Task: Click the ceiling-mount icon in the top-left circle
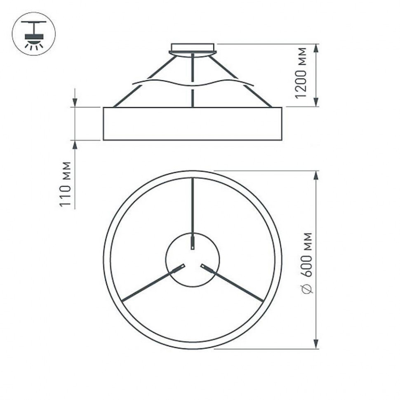pyautogui.click(x=34, y=34)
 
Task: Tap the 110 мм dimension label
pyautogui.click(x=66, y=184)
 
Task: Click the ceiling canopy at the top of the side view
pyautogui.click(x=193, y=48)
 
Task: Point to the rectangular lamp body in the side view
pyautogui.click(x=193, y=124)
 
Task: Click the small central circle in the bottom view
pyautogui.click(x=193, y=260)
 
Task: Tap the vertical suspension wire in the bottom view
pyautogui.click(x=193, y=210)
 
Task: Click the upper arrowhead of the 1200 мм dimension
pyautogui.click(x=316, y=48)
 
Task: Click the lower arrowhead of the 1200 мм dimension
pyautogui.click(x=316, y=102)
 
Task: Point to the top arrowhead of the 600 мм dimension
pyautogui.click(x=316, y=176)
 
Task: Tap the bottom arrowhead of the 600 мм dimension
pyautogui.click(x=316, y=344)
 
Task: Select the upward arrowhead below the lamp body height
pyautogui.click(x=75, y=145)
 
